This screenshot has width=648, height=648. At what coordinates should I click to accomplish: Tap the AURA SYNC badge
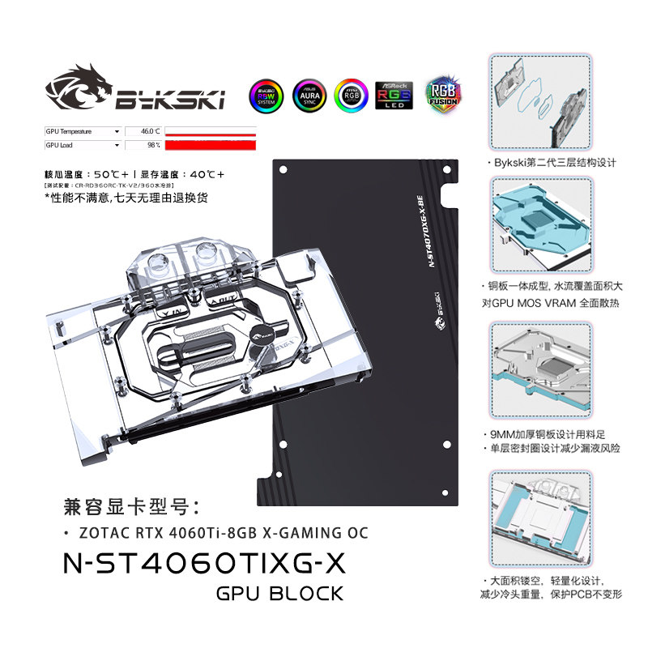pyautogui.click(x=308, y=95)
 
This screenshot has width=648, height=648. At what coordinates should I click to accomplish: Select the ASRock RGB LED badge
pyautogui.click(x=394, y=95)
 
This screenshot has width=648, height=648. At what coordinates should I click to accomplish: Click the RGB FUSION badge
pyautogui.click(x=442, y=95)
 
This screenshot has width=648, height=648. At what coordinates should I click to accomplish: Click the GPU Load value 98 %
pyautogui.click(x=152, y=145)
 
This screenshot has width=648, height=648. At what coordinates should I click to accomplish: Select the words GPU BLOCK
pyautogui.click(x=280, y=594)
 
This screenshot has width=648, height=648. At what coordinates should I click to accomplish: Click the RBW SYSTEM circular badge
pyautogui.click(x=266, y=95)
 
